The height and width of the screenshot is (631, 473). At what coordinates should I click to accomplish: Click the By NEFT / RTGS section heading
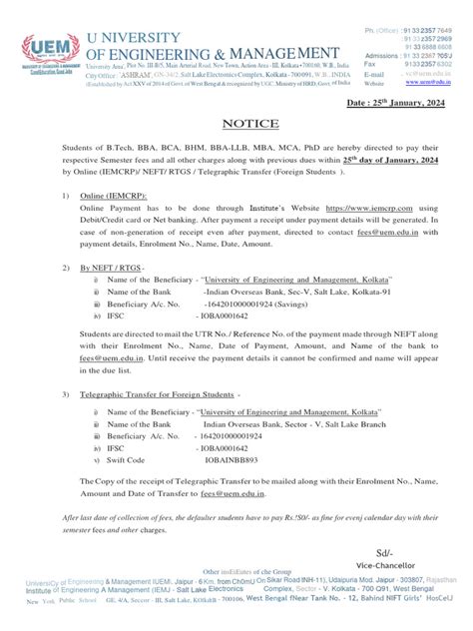tap(111, 268)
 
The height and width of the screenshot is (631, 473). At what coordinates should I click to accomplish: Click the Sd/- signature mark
tap(384, 551)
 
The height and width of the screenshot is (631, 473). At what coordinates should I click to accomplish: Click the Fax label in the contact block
tap(372, 64)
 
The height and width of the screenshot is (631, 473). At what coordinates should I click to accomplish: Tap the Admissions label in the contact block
tap(382, 56)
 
